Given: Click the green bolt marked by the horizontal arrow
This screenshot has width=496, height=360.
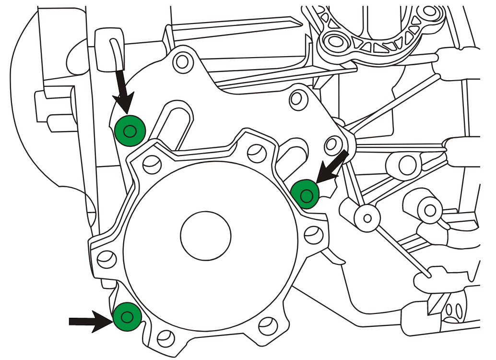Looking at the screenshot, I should (x=127, y=317).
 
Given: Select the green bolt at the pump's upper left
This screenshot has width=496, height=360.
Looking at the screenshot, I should (x=130, y=130).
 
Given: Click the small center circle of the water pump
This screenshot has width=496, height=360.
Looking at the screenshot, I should (x=206, y=235).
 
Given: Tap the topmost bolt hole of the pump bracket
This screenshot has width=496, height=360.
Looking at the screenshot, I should (x=182, y=61).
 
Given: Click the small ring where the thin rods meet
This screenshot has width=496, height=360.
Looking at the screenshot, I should (x=368, y=217).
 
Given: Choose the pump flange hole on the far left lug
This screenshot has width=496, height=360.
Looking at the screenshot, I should (x=106, y=259).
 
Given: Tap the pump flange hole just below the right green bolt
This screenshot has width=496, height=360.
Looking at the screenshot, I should (x=313, y=234).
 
